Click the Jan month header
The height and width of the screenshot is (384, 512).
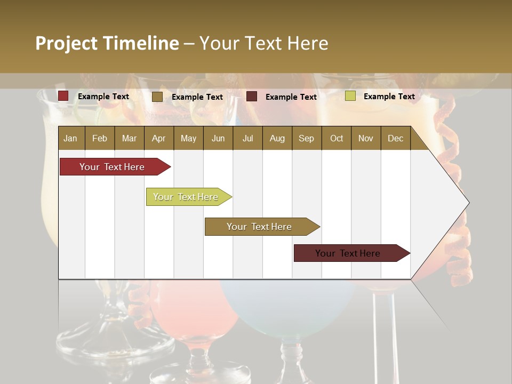pyautogui.click(x=70, y=138)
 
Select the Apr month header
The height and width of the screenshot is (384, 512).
pyautogui.click(x=158, y=138)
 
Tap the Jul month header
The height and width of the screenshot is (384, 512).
pyautogui.click(x=247, y=138)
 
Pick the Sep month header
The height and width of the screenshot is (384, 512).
pyautogui.click(x=306, y=138)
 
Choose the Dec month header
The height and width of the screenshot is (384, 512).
pyautogui.click(x=395, y=138)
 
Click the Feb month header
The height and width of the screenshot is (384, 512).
pyautogui.click(x=100, y=138)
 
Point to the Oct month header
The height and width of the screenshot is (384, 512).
pyautogui.click(x=337, y=138)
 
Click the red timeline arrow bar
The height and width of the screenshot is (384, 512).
pyautogui.click(x=112, y=167)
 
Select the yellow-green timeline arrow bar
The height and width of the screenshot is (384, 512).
pyautogui.click(x=186, y=197)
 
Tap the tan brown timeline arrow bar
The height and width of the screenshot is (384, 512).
pyautogui.click(x=259, y=227)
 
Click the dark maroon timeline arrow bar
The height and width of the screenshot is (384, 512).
pyautogui.click(x=348, y=253)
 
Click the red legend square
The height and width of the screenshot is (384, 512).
pyautogui.click(x=63, y=96)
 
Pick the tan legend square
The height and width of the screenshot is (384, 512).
pyautogui.click(x=157, y=97)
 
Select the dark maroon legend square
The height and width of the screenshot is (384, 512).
pyautogui.click(x=252, y=97)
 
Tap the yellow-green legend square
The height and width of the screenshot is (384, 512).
pyautogui.click(x=350, y=96)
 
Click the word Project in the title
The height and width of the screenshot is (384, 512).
pyautogui.click(x=67, y=43)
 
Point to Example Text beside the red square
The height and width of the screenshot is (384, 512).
pyautogui.click(x=103, y=97)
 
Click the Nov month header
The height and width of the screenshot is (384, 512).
pyautogui.click(x=366, y=138)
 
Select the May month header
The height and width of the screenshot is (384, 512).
pyautogui.click(x=188, y=138)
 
